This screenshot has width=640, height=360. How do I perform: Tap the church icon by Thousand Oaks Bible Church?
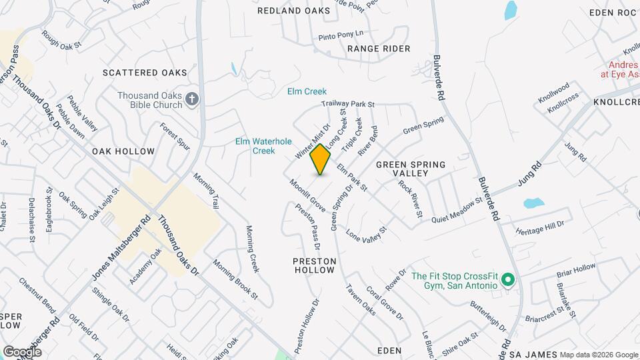tap(192, 99)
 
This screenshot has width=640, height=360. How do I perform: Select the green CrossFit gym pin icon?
tap(507, 280)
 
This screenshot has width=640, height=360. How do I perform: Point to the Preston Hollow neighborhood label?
tap(313, 265)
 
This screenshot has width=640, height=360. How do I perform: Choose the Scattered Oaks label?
tap(145, 73)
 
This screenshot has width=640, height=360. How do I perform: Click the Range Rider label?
tap(379, 49)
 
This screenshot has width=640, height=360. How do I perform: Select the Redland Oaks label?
tap(293, 11)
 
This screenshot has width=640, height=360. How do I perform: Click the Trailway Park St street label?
tap(348, 104)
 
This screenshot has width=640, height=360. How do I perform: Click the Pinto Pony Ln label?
tap(341, 34)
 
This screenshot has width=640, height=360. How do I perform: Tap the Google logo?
tap(21, 351)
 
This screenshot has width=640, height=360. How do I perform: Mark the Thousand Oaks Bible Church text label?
tap(149, 100)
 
